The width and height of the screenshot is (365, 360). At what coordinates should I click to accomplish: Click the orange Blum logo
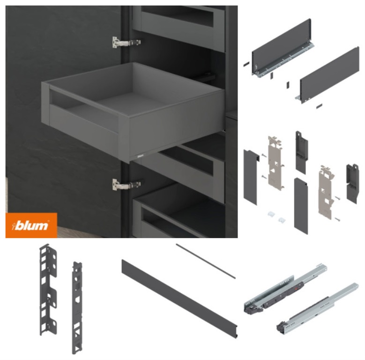pyautogui.click(x=31, y=225)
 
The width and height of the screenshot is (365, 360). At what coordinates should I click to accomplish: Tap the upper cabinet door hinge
pyautogui.click(x=126, y=43)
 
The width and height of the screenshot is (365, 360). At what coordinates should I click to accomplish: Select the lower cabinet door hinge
pyautogui.click(x=126, y=185)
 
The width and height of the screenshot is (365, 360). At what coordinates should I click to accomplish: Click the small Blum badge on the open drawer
pyautogui.click(x=141, y=156)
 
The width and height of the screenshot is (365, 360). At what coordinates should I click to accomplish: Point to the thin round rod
pyautogui.click(x=206, y=261)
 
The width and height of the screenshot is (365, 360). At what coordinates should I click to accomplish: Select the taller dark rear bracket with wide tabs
pyautogui.click(x=48, y=290)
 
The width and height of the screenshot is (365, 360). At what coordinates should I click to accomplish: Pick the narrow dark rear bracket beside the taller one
pyautogui.click(x=77, y=307)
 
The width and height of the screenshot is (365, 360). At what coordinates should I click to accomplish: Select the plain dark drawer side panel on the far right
pyautogui.click(x=328, y=75)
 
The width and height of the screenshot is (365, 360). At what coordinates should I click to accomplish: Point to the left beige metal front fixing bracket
pyautogui.click(x=276, y=163)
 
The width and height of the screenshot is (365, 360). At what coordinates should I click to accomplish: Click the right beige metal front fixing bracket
pyautogui.click(x=327, y=192)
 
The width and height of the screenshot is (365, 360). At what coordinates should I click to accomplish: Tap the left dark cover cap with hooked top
pyautogui.click(x=251, y=177)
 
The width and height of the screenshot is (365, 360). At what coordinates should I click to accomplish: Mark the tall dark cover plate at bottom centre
pyautogui.click(x=301, y=206)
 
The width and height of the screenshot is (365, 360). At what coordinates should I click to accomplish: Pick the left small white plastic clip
pyautogui.click(x=271, y=214)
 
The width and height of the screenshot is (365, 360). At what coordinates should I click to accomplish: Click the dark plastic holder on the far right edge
pyautogui.click(x=352, y=183)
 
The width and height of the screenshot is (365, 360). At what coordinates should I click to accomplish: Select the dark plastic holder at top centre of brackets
pyautogui.click(x=301, y=152)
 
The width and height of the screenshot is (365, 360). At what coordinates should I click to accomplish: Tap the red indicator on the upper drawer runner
pyautogui.click(x=297, y=288)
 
